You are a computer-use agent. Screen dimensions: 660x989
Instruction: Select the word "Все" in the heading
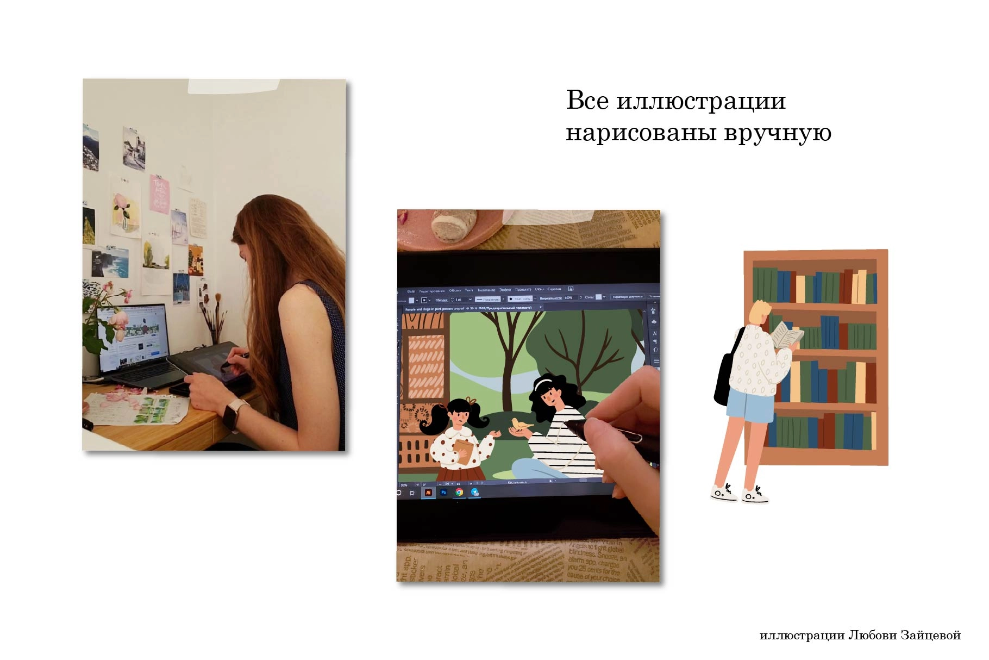point(587,101)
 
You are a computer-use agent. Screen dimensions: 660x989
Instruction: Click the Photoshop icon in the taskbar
point(443,492)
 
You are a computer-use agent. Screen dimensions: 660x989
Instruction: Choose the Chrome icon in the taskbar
point(459,492)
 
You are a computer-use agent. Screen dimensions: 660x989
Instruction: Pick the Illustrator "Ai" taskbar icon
point(428,492)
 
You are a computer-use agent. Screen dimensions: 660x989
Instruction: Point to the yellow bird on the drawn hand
point(522,424)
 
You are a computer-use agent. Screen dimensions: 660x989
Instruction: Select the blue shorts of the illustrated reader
point(750,405)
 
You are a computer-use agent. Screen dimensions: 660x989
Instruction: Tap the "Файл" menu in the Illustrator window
point(411,290)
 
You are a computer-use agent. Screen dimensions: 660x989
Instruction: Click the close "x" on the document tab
point(540,308)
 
